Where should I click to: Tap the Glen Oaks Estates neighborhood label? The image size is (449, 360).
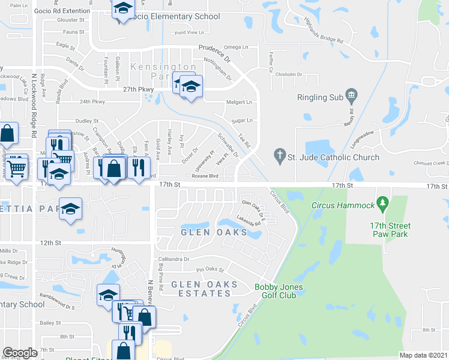(x=204, y=289)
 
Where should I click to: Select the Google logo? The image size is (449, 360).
(x=20, y=353)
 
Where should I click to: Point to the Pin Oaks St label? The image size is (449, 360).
(x=210, y=270)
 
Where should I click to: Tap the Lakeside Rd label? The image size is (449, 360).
(x=249, y=220)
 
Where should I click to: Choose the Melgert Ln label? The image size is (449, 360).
(x=239, y=103)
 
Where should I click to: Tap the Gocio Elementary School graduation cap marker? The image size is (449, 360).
(x=122, y=8)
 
